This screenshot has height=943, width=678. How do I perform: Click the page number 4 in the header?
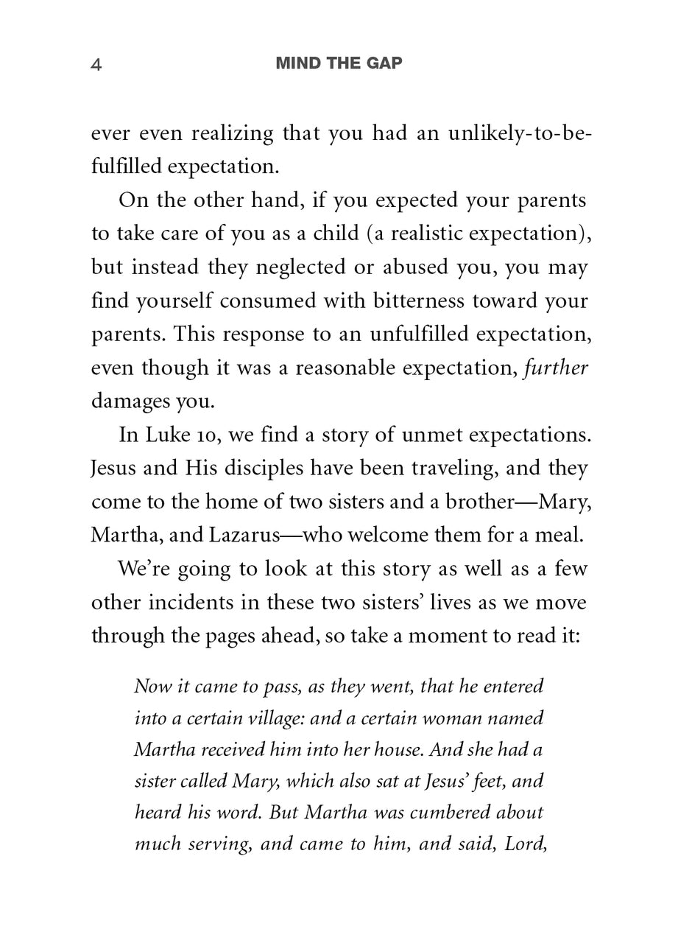tap(96, 65)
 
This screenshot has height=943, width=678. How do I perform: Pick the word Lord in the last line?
tap(525, 844)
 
